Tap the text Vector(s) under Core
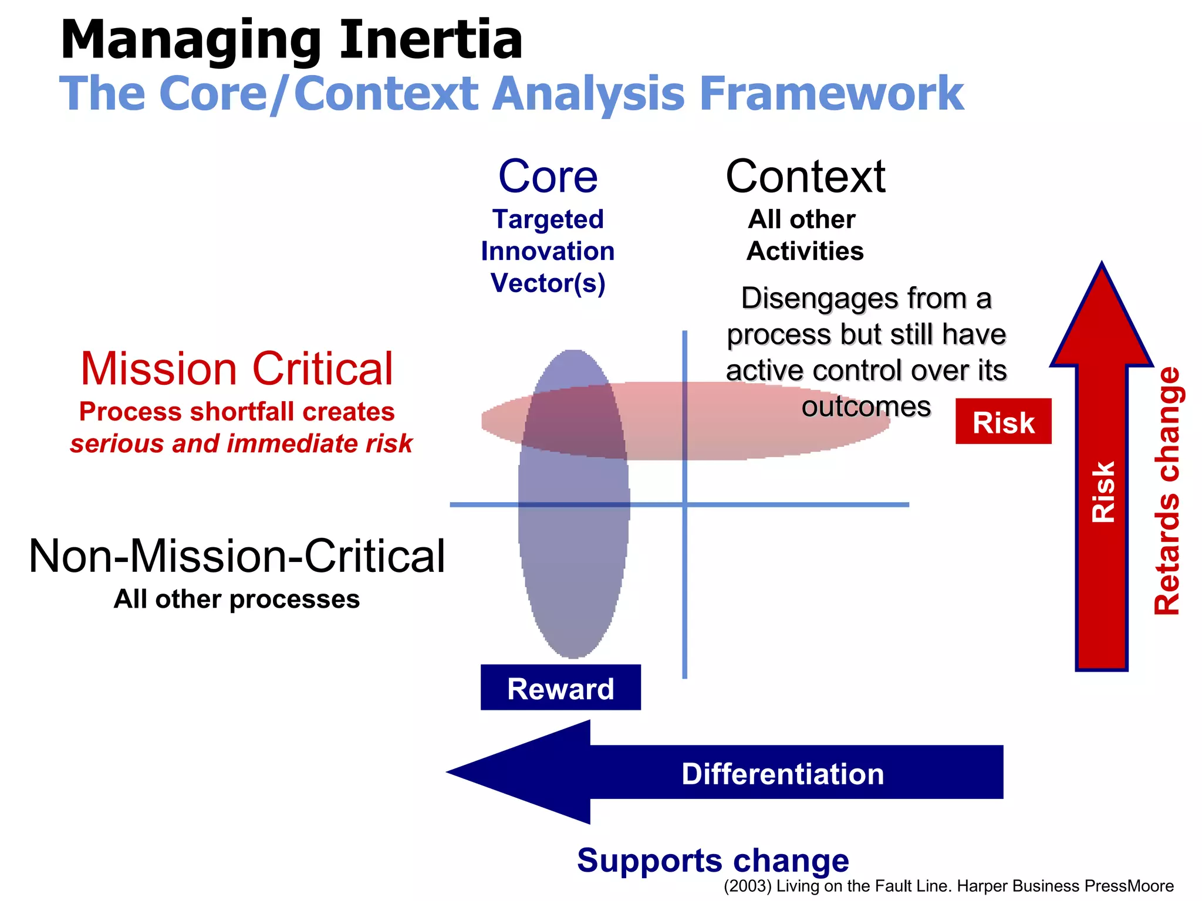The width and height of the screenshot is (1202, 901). tap(548, 283)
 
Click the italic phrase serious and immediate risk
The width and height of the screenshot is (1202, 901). tap(241, 443)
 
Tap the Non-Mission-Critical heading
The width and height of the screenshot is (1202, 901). tap(237, 556)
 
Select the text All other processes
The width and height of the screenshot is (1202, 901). tap(237, 599)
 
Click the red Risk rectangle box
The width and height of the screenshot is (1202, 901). tap(1003, 422)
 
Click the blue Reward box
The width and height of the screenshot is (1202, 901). tap(561, 687)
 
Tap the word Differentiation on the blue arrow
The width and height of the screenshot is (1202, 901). tap(782, 774)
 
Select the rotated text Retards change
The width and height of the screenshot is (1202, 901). tap(1167, 490)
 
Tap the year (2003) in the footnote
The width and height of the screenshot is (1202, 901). tap(747, 886)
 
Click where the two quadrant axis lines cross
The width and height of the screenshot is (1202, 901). tap(684, 504)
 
